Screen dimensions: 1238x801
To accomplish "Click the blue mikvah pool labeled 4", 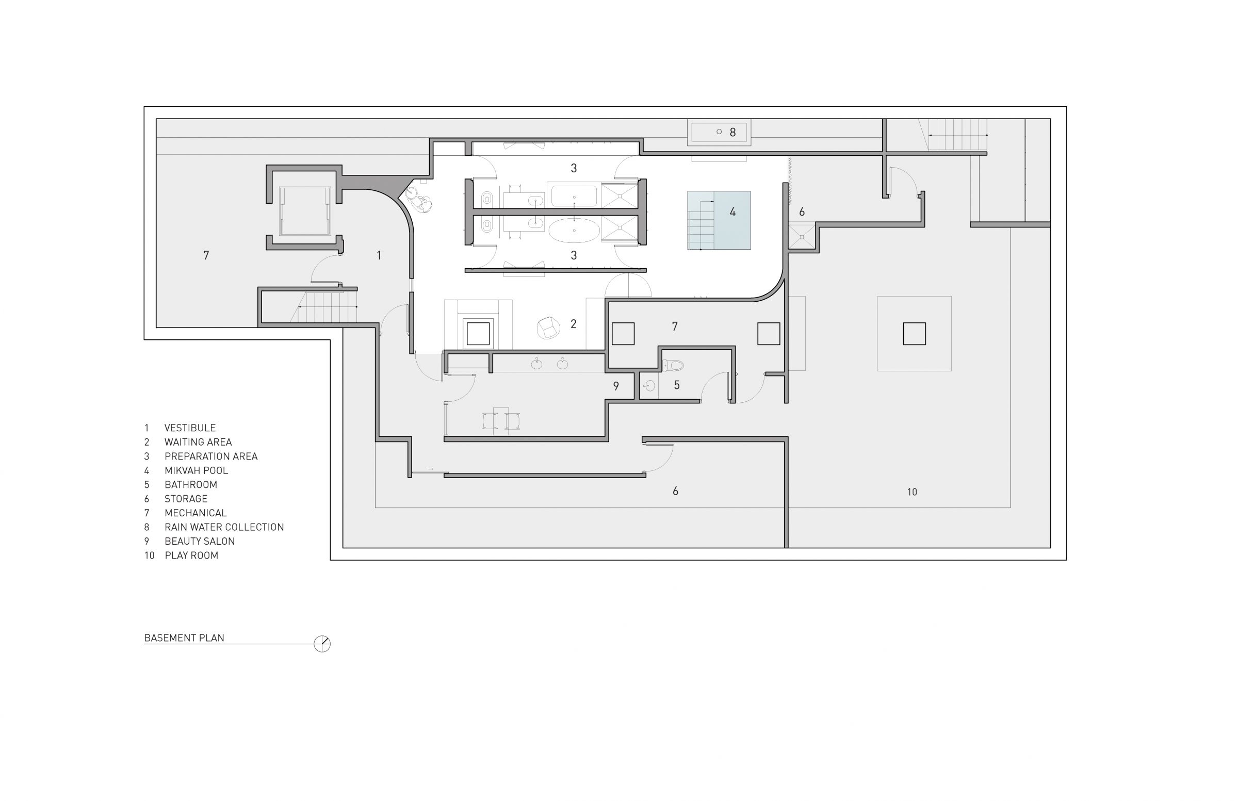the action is (719, 220).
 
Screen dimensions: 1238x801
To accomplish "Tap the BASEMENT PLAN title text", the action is (184, 637).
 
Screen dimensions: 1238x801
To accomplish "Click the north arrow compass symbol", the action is (322, 644).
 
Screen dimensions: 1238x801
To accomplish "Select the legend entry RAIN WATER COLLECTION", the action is (224, 527).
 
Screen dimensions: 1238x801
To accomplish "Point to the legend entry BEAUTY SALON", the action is (200, 541).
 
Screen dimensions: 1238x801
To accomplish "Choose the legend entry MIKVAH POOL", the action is (196, 470).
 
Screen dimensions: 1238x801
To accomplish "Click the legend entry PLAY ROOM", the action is (191, 555).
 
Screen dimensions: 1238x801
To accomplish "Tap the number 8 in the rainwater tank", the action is (732, 133).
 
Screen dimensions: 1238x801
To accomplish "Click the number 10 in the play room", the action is (912, 492).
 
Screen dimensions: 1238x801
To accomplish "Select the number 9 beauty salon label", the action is (616, 386).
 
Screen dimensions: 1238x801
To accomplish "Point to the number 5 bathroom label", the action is (677, 385).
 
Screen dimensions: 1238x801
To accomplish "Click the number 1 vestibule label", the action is (379, 255).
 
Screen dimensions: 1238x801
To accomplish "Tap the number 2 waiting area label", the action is (573, 324).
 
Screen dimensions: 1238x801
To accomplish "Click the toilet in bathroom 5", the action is (673, 366).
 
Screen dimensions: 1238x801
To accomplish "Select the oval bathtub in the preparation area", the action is (574, 231).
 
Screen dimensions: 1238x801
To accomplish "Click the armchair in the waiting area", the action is (548, 328).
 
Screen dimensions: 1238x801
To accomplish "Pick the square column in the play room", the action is (914, 333).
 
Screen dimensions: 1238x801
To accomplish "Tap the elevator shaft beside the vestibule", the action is (305, 211).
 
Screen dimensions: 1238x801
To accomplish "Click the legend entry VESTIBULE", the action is (190, 428).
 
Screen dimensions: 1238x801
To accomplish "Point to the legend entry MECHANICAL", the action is (196, 513).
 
